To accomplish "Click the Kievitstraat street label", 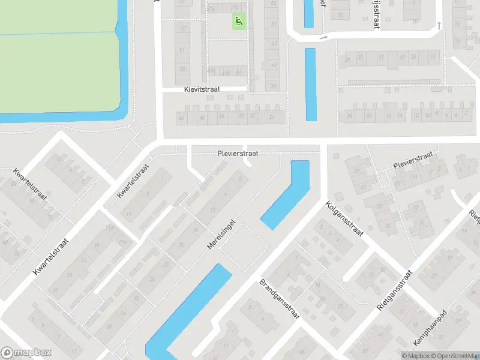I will (x=202, y=89).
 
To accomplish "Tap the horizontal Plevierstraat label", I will (x=238, y=154).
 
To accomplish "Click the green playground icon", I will (x=239, y=22).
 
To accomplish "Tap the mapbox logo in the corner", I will (x=26, y=353).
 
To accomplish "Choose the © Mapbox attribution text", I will (x=416, y=356).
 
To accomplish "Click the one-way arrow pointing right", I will (x=324, y=38).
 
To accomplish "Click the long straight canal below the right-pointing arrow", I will (x=310, y=84).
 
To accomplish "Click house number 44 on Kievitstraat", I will (x=181, y=117).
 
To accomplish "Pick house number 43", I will (x=274, y=65).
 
